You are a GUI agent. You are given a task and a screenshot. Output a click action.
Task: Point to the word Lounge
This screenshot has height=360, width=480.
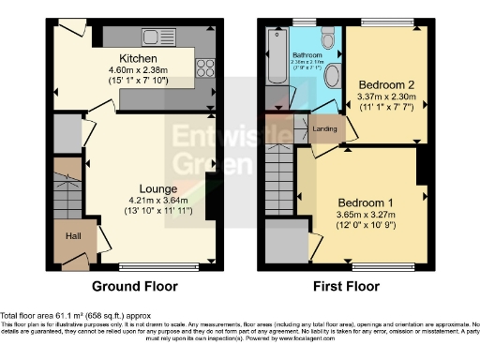coord(146,188)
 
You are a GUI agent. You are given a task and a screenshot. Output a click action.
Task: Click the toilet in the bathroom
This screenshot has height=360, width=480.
coord(327,39)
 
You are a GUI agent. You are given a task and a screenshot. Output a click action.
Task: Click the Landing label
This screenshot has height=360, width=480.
coord(324,128)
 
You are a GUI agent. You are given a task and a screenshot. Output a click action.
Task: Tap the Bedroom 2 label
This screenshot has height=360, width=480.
coord(384,83)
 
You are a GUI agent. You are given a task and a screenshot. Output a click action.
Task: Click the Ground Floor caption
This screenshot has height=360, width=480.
coord(138,286)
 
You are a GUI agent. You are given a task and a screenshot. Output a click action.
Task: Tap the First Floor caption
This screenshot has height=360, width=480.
coord(347,286)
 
